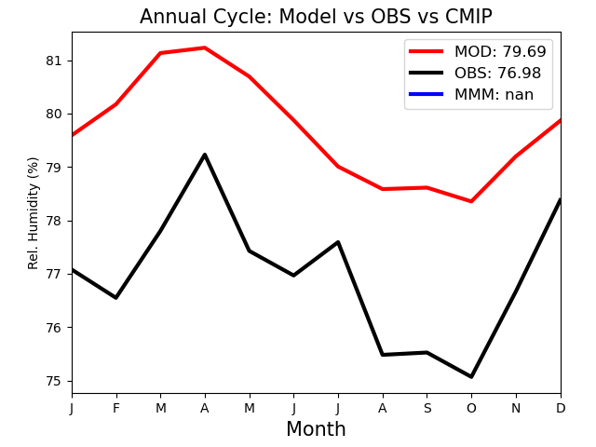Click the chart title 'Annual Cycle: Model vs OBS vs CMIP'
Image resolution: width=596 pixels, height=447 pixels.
click(316, 17)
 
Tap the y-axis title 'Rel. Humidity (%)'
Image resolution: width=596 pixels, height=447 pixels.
click(34, 213)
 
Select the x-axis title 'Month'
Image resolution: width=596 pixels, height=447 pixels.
click(316, 428)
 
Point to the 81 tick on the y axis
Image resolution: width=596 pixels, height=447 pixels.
click(54, 61)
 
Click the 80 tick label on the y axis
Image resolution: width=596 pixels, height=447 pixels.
click(54, 114)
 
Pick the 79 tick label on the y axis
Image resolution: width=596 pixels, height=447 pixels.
click(54, 168)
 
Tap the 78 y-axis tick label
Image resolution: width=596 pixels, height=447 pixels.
click(54, 221)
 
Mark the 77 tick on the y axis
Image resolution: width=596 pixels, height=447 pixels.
click(54, 274)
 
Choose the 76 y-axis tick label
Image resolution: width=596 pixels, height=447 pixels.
click(54, 328)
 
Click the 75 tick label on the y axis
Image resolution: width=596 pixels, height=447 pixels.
click(54, 381)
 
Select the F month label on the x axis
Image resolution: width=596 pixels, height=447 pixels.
click(116, 408)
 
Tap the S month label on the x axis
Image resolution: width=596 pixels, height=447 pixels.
click(427, 408)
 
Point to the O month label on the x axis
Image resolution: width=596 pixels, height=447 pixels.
click(471, 408)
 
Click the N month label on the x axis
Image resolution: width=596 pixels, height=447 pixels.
click(516, 408)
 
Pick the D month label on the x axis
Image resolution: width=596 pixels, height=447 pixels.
click(561, 408)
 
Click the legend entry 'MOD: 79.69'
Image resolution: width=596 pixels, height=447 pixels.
click(478, 51)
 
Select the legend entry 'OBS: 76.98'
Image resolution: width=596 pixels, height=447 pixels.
click(475, 73)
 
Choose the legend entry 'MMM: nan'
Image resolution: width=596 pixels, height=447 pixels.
click(471, 94)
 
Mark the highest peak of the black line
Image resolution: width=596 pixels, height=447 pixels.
click(205, 155)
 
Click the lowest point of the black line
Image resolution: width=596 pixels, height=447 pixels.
click(471, 376)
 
